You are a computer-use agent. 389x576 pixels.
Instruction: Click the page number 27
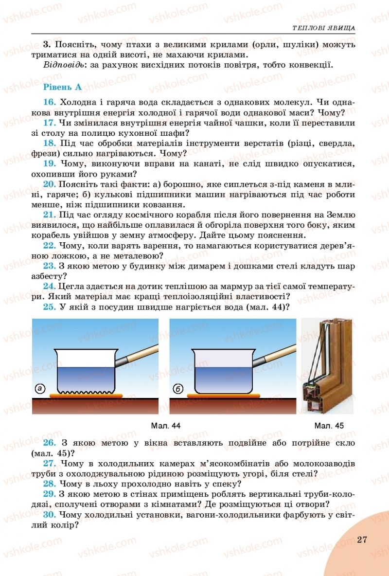[x=361, y=540]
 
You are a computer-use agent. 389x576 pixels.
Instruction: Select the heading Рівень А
[x=62, y=87]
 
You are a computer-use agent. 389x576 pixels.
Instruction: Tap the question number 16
[x=49, y=102]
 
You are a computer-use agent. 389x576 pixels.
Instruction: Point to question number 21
[x=49, y=215]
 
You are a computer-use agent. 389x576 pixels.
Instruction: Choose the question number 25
[x=49, y=307]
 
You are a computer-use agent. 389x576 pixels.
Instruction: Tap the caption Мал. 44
[x=166, y=426]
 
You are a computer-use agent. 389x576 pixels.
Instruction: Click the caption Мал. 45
[x=329, y=426]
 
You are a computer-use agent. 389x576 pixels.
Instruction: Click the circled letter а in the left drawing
[x=40, y=389]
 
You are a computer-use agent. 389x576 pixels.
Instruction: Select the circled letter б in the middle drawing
[x=178, y=389]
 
